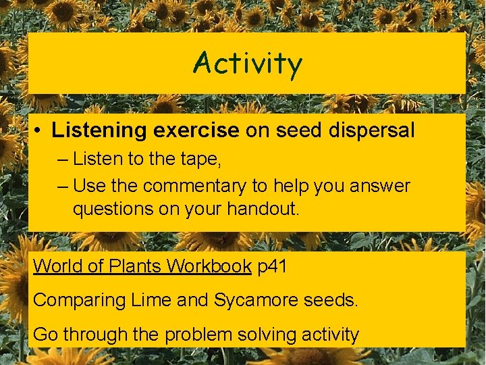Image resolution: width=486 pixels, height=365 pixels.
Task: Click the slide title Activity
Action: pyautogui.click(x=247, y=64)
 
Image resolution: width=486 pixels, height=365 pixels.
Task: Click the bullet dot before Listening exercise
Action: pyautogui.click(x=41, y=130)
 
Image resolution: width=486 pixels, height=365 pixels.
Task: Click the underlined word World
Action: pyautogui.click(x=58, y=266)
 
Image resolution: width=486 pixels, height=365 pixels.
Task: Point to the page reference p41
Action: pyautogui.click(x=273, y=266)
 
